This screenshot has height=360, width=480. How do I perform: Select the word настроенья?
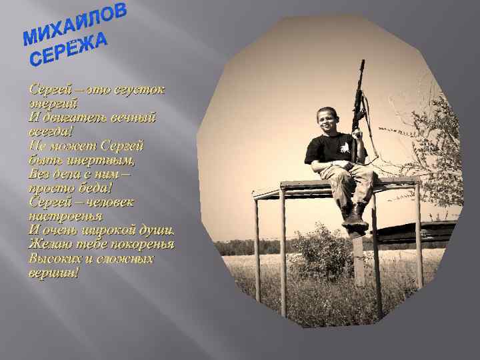(x=65, y=216)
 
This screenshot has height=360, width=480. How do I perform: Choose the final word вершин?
(x=54, y=272)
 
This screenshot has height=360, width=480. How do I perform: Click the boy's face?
(x=327, y=119)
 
